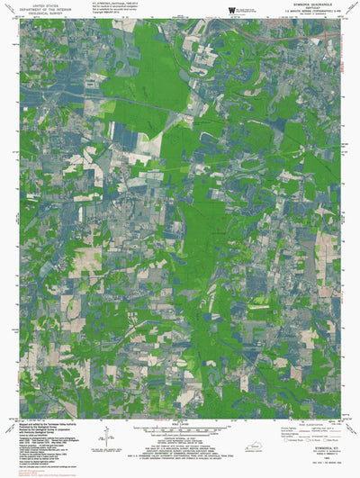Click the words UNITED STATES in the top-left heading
[x=40, y=6]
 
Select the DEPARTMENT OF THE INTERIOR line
[x=40, y=11]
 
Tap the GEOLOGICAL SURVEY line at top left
[x=40, y=15]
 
